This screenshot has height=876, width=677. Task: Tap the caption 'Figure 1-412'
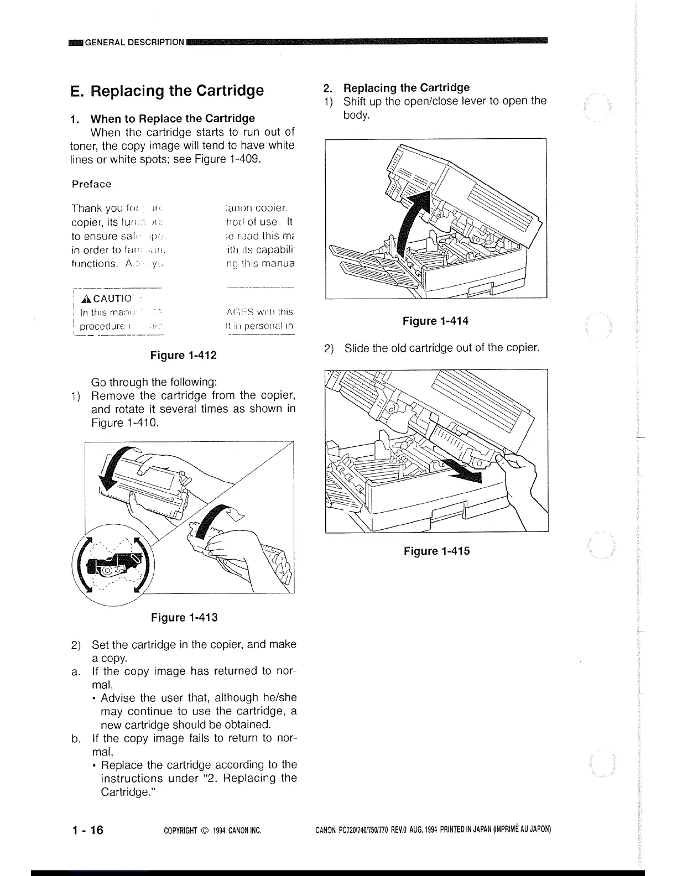coord(184,355)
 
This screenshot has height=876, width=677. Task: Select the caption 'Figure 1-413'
coord(184,617)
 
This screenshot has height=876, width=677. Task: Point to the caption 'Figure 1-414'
coord(436,321)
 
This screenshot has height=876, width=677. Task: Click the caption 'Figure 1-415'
coord(436,551)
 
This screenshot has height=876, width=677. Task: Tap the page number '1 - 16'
coord(87,830)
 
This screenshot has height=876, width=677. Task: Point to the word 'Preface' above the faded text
coord(92,184)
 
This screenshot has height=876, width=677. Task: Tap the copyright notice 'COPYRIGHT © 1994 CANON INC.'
coord(213,831)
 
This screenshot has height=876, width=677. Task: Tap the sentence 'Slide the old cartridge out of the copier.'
coord(441,348)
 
